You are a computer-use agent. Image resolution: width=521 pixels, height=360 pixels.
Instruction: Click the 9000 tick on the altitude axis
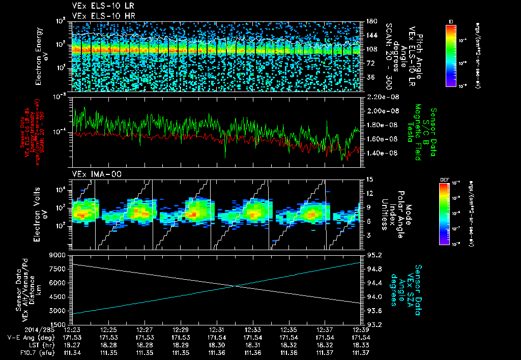click(x=57, y=255)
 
